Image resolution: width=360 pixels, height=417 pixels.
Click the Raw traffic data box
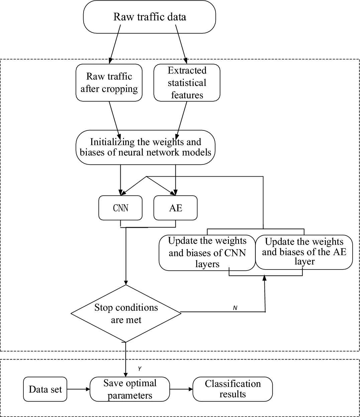point(149,17)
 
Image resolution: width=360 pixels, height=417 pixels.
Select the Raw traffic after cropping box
point(109,83)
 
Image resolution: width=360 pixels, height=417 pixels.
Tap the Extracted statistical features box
point(187,83)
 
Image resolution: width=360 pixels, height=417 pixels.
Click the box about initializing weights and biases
point(145,147)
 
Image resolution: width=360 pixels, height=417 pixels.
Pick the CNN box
point(121,208)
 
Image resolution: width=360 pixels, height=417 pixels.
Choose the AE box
point(175,208)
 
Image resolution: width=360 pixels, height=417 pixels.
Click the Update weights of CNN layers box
point(207,252)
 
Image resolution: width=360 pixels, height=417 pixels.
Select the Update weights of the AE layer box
point(304,252)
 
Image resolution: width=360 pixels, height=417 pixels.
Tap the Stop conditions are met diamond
point(126,314)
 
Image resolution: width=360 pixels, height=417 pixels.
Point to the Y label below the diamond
point(139,369)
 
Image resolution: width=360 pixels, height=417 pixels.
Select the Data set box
point(45,389)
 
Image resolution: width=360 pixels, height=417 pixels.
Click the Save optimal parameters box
point(130,389)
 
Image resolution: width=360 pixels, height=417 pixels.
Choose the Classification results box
point(233,389)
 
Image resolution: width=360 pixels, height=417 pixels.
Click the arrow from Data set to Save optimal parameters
point(79,389)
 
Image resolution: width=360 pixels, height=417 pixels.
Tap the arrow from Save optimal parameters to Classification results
point(182,389)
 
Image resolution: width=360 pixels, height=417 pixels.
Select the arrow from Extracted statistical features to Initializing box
point(181,117)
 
